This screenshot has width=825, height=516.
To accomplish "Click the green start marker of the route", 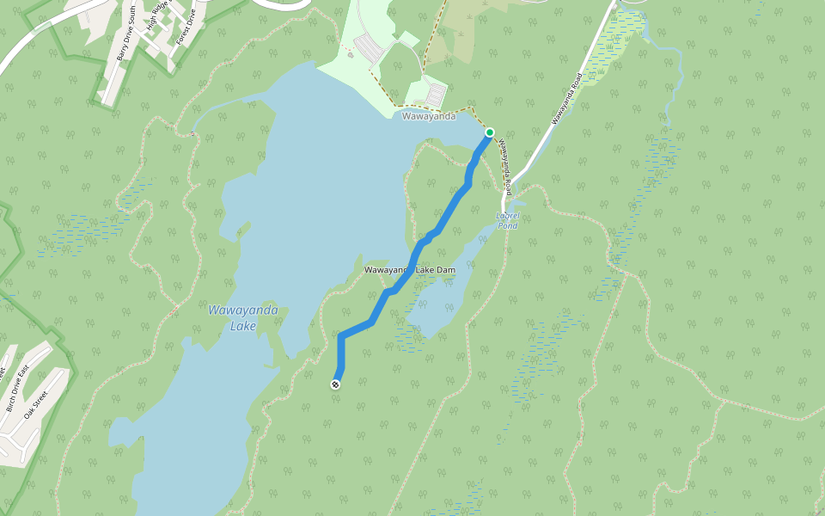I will [490, 132].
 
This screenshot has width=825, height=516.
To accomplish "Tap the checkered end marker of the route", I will [335, 384].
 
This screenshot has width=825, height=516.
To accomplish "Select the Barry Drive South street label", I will [125, 41].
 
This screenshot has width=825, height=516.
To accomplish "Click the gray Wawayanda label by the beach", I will [428, 116].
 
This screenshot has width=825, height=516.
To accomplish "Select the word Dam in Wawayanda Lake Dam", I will [445, 270].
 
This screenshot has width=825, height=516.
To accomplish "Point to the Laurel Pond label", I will [509, 220].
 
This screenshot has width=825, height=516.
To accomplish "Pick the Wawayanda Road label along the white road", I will [567, 99].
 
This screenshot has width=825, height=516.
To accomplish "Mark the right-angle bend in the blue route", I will [341, 335].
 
